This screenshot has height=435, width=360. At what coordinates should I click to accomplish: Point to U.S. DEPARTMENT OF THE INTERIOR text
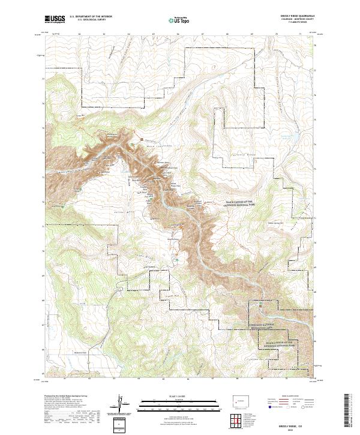[x=89, y=17]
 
